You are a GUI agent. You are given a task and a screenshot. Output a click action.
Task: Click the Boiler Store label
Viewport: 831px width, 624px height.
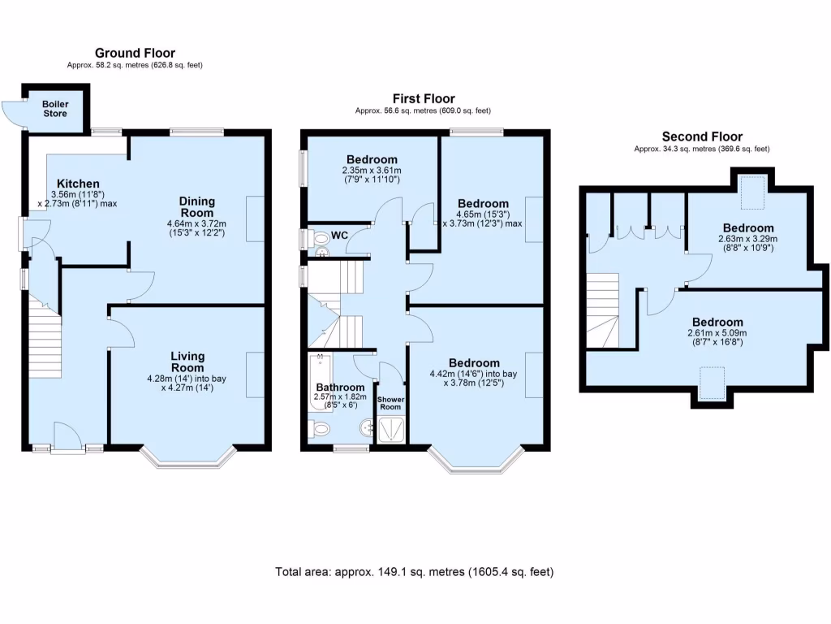[x=55, y=108]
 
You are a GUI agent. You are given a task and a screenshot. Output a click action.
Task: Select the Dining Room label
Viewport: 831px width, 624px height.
[x=197, y=206]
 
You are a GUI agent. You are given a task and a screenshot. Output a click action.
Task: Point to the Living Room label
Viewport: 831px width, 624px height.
[x=187, y=362]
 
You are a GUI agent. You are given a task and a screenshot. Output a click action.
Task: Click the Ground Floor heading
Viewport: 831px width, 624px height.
[x=135, y=54]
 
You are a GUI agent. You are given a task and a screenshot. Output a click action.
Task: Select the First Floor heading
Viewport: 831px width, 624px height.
[x=423, y=99]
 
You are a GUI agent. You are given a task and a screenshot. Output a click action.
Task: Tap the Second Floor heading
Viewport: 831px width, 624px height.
[x=702, y=136]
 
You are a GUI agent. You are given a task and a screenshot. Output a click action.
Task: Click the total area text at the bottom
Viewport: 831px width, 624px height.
[x=415, y=572]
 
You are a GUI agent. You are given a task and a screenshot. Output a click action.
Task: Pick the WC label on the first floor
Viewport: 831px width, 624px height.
[x=340, y=236]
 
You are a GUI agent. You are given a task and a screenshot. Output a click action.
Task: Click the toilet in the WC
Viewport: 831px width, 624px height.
[x=320, y=238]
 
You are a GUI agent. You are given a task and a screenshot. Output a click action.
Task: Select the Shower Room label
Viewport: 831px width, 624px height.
[x=393, y=404]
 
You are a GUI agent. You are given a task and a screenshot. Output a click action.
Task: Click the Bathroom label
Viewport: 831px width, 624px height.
[x=334, y=388]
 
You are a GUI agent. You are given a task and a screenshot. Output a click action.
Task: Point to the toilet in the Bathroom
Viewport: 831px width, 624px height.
[x=320, y=429]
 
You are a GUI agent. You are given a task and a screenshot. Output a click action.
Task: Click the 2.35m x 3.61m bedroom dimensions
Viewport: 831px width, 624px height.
[x=372, y=175]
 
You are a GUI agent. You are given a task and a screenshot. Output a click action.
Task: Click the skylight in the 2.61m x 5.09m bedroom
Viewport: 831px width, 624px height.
[x=712, y=382]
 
